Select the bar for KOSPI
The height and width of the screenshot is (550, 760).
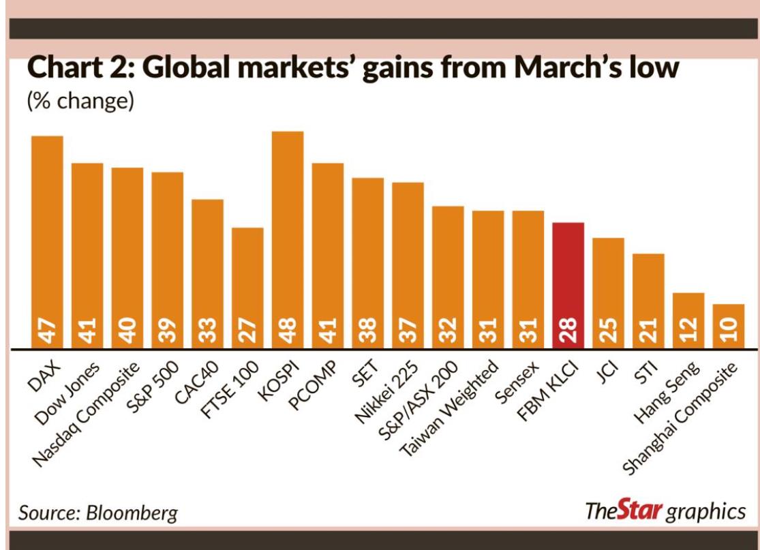click(288, 239)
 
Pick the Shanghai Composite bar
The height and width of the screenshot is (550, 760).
click(728, 326)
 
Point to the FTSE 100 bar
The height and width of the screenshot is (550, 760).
click(247, 287)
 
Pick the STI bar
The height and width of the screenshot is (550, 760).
click(648, 301)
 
